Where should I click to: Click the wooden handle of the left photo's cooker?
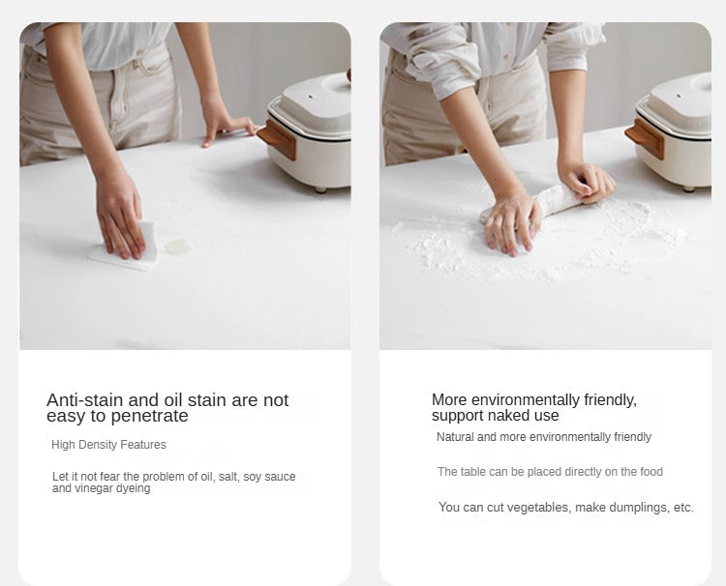tap(278, 137)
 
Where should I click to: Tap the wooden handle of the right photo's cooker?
tap(645, 137)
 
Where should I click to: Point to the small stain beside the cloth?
tap(177, 247)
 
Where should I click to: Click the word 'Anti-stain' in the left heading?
tap(85, 399)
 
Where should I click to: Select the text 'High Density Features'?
tap(108, 445)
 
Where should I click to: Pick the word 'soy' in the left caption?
tap(253, 477)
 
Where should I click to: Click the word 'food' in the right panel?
tap(651, 472)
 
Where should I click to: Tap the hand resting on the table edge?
tap(227, 125)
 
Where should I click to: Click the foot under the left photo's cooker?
tap(320, 190)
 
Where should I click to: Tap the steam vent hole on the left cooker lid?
tap(310, 97)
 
